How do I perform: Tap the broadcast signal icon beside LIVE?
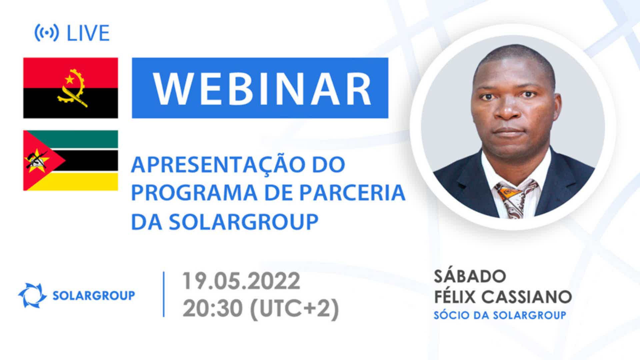tap(47, 33)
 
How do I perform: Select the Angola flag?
tap(71, 88)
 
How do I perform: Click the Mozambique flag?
tap(71, 160)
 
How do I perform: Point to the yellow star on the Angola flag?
tap(69, 79)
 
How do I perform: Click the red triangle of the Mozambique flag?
tap(40, 160)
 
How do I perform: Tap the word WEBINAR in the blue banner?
tap(262, 88)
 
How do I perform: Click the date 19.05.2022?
tap(241, 281)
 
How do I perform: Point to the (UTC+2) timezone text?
tap(294, 308)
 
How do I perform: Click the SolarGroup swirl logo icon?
tap(32, 295)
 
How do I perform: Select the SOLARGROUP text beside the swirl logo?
tap(94, 295)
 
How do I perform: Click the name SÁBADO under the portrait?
tap(470, 276)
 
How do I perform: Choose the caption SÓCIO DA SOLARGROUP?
tap(500, 315)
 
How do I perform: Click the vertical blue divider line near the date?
tap(164, 294)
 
